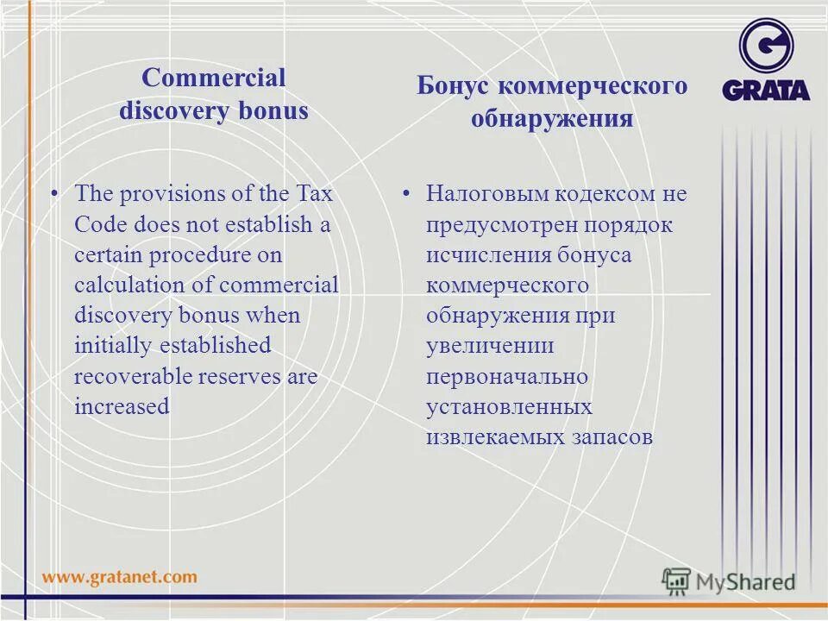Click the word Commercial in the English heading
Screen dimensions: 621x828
[x=213, y=78]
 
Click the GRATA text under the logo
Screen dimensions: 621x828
[x=766, y=90]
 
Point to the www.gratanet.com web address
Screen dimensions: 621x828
[x=120, y=576]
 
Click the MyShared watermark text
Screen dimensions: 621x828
[x=745, y=581]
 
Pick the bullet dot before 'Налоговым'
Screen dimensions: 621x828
[x=406, y=193]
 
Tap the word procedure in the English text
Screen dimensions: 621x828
[x=178, y=255]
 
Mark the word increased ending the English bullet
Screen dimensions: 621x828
[x=122, y=406]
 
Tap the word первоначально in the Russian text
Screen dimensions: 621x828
[x=507, y=376]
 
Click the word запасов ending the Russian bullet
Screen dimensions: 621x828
[x=611, y=437]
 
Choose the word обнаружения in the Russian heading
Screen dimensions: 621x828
[x=552, y=117]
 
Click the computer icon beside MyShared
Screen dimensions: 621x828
[x=677, y=580]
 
